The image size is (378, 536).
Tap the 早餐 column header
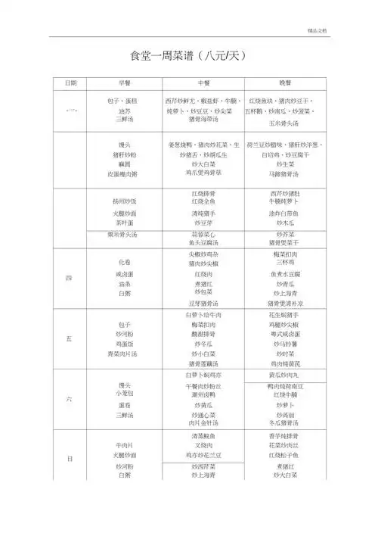(123, 83)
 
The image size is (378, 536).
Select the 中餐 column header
(203, 83)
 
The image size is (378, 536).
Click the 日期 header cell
(70, 83)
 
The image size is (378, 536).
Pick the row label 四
(70, 277)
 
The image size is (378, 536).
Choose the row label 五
(70, 339)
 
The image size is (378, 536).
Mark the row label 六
(70, 400)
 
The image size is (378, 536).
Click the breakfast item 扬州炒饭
(123, 201)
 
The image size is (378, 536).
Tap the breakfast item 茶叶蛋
(123, 224)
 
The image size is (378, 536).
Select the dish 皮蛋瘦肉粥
(123, 173)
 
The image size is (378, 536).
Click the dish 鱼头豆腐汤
(203, 243)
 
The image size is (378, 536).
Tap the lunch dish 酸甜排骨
(203, 334)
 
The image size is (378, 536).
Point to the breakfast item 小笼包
(123, 394)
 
